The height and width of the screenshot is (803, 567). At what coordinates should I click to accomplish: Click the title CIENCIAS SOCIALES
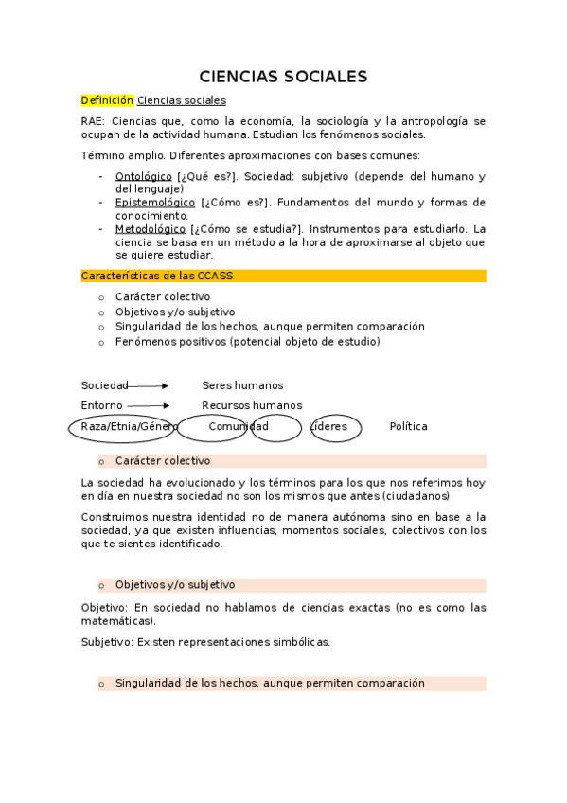click(x=283, y=77)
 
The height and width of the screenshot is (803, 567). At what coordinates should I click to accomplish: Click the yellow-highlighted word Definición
click(x=107, y=100)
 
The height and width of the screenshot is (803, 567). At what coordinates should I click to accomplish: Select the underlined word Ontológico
click(x=143, y=177)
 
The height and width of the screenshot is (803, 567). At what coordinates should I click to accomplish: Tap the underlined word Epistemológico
click(x=155, y=203)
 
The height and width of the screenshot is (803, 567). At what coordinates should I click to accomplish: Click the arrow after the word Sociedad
click(x=149, y=386)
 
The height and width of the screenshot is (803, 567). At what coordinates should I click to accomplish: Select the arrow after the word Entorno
click(x=147, y=405)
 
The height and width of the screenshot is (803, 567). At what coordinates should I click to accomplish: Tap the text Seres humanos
click(x=242, y=385)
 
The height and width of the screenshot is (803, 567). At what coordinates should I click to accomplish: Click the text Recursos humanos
click(x=252, y=405)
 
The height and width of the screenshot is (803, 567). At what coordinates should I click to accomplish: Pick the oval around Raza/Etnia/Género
click(x=123, y=428)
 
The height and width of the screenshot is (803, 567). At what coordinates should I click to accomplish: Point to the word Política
click(x=408, y=427)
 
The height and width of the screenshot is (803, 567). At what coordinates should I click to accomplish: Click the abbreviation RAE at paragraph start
click(x=93, y=121)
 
